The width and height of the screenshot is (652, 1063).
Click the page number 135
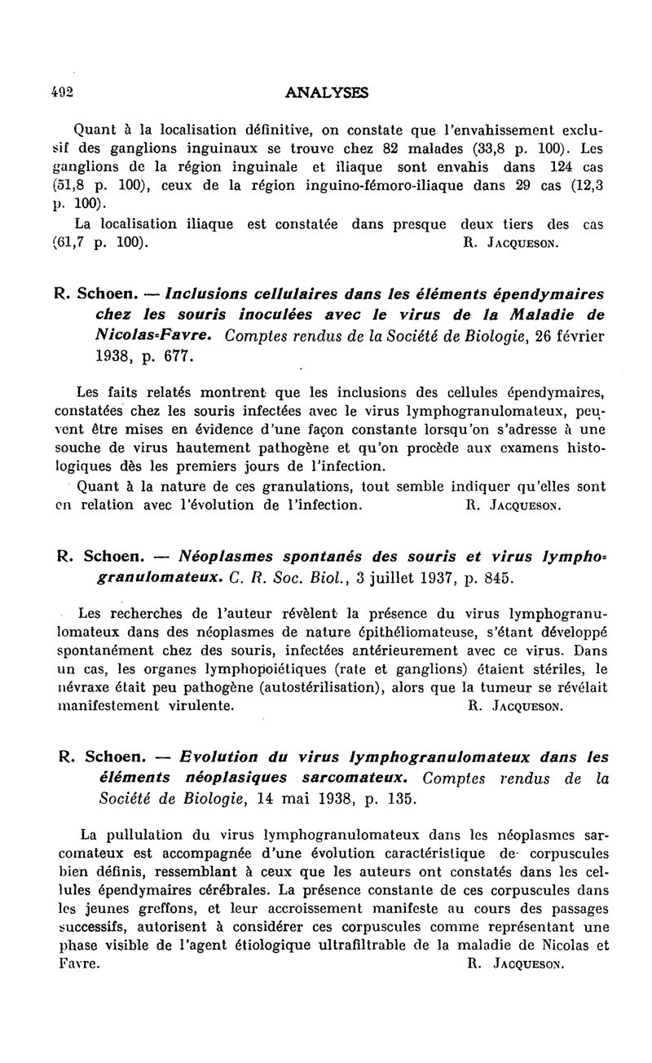397,798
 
